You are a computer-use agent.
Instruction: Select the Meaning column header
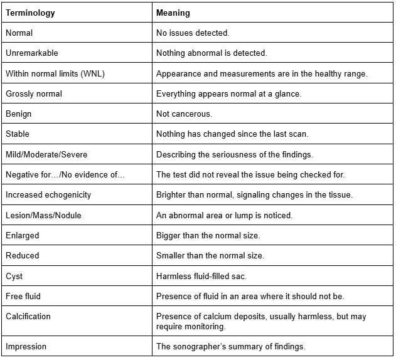[173, 13]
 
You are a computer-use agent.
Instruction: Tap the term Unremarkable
[32, 53]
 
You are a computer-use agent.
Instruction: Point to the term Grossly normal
[34, 93]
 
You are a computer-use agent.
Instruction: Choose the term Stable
[18, 134]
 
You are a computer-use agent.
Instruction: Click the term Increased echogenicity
[48, 194]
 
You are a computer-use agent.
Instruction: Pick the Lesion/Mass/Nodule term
[43, 215]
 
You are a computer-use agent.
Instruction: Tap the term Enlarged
[23, 235]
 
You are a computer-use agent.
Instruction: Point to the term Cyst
[14, 275]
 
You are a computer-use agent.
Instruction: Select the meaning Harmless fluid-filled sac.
[205, 275]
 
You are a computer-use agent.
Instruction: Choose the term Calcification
[28, 316]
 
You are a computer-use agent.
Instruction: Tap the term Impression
[26, 346]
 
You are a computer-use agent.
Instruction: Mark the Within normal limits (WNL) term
[55, 73]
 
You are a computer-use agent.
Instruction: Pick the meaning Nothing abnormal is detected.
[211, 53]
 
